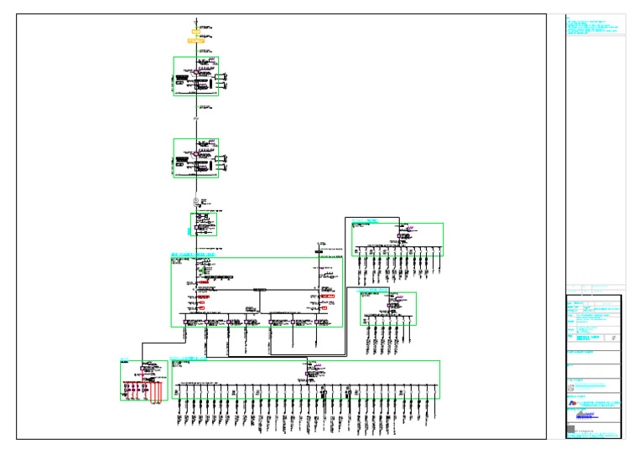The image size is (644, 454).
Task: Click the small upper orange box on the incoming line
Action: point(195,31)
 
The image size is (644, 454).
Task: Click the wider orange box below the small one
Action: point(195,39)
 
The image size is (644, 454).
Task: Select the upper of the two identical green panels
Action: point(196,76)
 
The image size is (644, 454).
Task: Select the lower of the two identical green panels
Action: point(196,158)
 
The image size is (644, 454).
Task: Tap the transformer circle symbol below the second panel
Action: point(195,202)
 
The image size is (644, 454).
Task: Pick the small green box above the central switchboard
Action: point(203,224)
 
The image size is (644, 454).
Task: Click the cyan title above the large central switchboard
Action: point(193,254)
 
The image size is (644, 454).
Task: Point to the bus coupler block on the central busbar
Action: point(259,289)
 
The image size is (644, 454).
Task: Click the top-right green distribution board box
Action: point(397,240)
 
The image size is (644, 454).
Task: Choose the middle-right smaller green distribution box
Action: point(388,308)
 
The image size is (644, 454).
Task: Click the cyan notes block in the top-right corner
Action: point(595,26)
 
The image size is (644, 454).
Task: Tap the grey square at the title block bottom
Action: point(571,430)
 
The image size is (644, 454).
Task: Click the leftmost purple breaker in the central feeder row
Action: point(186,321)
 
